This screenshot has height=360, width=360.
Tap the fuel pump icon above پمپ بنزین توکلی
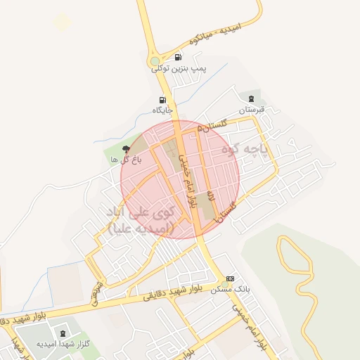coord(177,58)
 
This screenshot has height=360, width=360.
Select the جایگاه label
coord(163,110)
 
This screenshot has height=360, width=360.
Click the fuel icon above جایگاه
coord(163,100)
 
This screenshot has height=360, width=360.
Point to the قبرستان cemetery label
coord(251,110)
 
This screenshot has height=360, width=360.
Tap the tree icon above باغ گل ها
coord(126,148)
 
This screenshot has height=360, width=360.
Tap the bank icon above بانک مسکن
coord(229,278)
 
